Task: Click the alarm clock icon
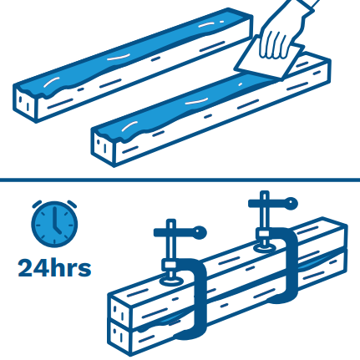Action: click(54, 223)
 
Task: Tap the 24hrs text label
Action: click(54, 268)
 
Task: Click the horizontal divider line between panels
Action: click(180, 180)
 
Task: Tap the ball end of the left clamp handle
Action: click(200, 232)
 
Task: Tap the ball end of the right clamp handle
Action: click(291, 203)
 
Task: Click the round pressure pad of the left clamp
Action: click(170, 280)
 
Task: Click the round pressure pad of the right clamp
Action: click(265, 247)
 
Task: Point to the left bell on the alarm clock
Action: click(37, 204)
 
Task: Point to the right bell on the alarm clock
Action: click(73, 204)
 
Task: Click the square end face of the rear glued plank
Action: click(24, 103)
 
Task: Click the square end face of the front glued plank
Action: click(103, 146)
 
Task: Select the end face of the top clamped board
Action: click(119, 310)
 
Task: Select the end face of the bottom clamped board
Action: click(119, 337)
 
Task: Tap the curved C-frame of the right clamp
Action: click(292, 265)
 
